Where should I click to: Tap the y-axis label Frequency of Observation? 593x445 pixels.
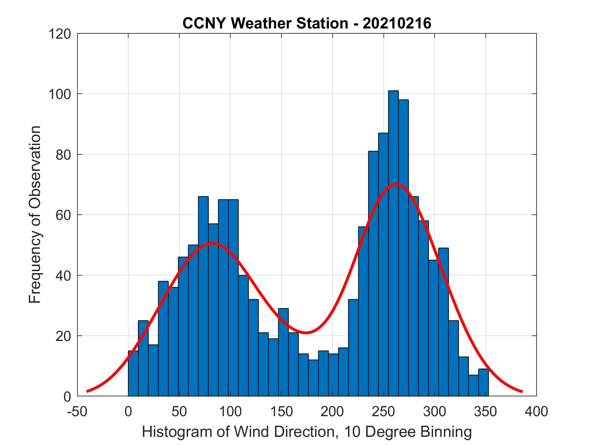(35, 214)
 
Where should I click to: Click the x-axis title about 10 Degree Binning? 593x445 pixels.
(307, 432)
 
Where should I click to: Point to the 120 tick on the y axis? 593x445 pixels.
(60, 34)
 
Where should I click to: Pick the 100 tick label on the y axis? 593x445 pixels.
(60, 94)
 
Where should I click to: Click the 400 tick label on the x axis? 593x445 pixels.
(536, 411)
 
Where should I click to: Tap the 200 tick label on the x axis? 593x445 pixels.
(332, 411)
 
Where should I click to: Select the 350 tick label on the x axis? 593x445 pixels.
(486, 411)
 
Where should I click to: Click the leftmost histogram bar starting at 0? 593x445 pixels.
(133, 373)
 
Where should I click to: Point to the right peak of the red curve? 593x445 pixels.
(395, 184)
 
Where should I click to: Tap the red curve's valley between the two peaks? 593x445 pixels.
(306, 332)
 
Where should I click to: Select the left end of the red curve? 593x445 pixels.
(87, 391)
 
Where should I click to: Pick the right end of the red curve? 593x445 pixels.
(522, 391)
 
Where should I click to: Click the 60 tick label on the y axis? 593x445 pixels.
(63, 215)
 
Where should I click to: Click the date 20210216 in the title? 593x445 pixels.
(397, 23)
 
